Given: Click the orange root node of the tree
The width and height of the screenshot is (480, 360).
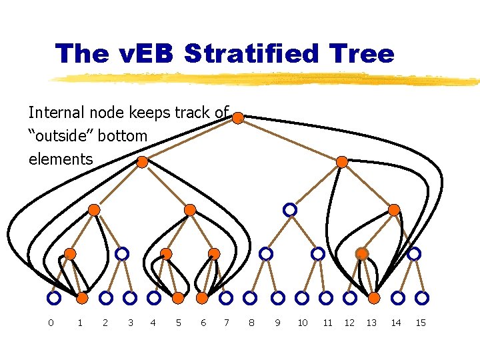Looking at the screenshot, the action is pyautogui.click(x=238, y=118).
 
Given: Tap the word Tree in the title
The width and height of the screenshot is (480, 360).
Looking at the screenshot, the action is pyautogui.click(x=365, y=53).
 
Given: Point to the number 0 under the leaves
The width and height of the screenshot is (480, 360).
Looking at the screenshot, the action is pyautogui.click(x=51, y=323).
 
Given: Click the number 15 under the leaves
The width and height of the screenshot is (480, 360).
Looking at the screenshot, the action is pyautogui.click(x=421, y=323).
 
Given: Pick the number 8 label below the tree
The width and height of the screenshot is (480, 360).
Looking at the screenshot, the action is pyautogui.click(x=251, y=323).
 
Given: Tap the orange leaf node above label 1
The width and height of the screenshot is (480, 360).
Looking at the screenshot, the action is pyautogui.click(x=82, y=297).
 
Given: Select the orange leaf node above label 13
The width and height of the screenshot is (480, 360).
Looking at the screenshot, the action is pyautogui.click(x=374, y=297).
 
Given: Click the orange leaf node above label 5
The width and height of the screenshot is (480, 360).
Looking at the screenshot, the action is pyautogui.click(x=178, y=297).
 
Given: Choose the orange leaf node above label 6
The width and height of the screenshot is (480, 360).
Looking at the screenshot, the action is pyautogui.click(x=203, y=297).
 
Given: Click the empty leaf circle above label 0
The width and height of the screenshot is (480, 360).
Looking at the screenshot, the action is pyautogui.click(x=54, y=297).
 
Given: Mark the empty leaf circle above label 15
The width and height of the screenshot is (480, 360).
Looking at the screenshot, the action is pyautogui.click(x=422, y=297).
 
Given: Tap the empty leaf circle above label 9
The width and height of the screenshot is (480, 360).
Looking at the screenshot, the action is pyautogui.click(x=278, y=297).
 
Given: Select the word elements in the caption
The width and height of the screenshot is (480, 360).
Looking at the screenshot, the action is pyautogui.click(x=61, y=159).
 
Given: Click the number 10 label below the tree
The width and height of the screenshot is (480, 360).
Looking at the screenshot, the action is pyautogui.click(x=302, y=323).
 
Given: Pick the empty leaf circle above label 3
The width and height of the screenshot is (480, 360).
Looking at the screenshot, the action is pyautogui.click(x=130, y=297).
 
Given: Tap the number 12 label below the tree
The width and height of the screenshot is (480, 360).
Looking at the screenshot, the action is pyautogui.click(x=349, y=323).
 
